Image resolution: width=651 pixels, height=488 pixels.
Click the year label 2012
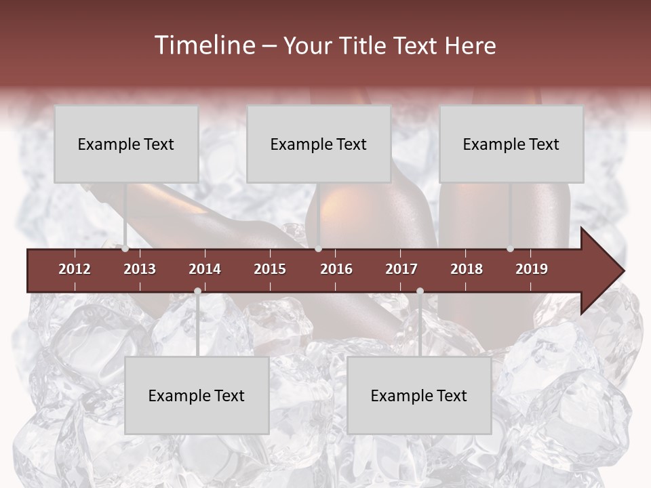coord(75,269)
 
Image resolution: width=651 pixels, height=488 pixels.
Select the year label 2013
coord(140,269)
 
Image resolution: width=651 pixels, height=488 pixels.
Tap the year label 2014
coord(205,269)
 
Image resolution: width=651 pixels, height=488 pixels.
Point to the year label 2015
coord(270,269)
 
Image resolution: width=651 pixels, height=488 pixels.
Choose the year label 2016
coord(336,269)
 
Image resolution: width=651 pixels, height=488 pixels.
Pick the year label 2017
coord(401,269)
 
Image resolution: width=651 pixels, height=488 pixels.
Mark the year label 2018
coord(467,269)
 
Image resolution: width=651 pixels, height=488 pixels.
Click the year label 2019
coord(532,269)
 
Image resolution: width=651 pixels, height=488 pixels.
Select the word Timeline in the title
coord(203,45)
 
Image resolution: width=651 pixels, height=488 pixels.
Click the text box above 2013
coord(126,144)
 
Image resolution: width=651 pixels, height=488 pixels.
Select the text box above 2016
coord(319,144)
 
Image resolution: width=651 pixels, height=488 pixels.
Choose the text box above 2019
coord(511,144)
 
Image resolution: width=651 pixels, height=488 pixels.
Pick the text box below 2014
coord(197,395)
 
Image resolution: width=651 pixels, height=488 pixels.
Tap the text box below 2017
coord(419,395)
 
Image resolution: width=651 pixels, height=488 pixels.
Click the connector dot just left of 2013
coord(125,249)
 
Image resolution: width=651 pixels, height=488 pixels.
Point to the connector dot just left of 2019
coord(510,249)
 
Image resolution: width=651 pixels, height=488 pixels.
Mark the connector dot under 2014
coord(197,291)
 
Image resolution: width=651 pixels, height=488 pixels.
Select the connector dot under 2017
coord(420,291)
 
